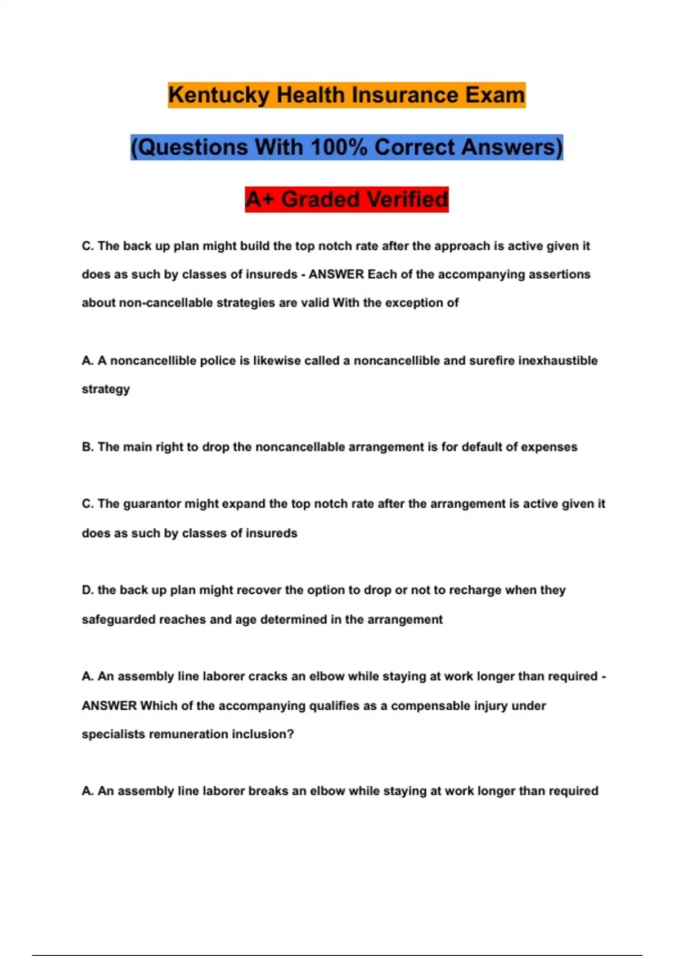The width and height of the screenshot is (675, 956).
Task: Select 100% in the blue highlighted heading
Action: click(x=339, y=147)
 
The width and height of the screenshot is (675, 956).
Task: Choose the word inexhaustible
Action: click(x=557, y=360)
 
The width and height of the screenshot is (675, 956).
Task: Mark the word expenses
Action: click(x=548, y=447)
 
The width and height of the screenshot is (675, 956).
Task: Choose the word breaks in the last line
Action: click(x=269, y=791)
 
